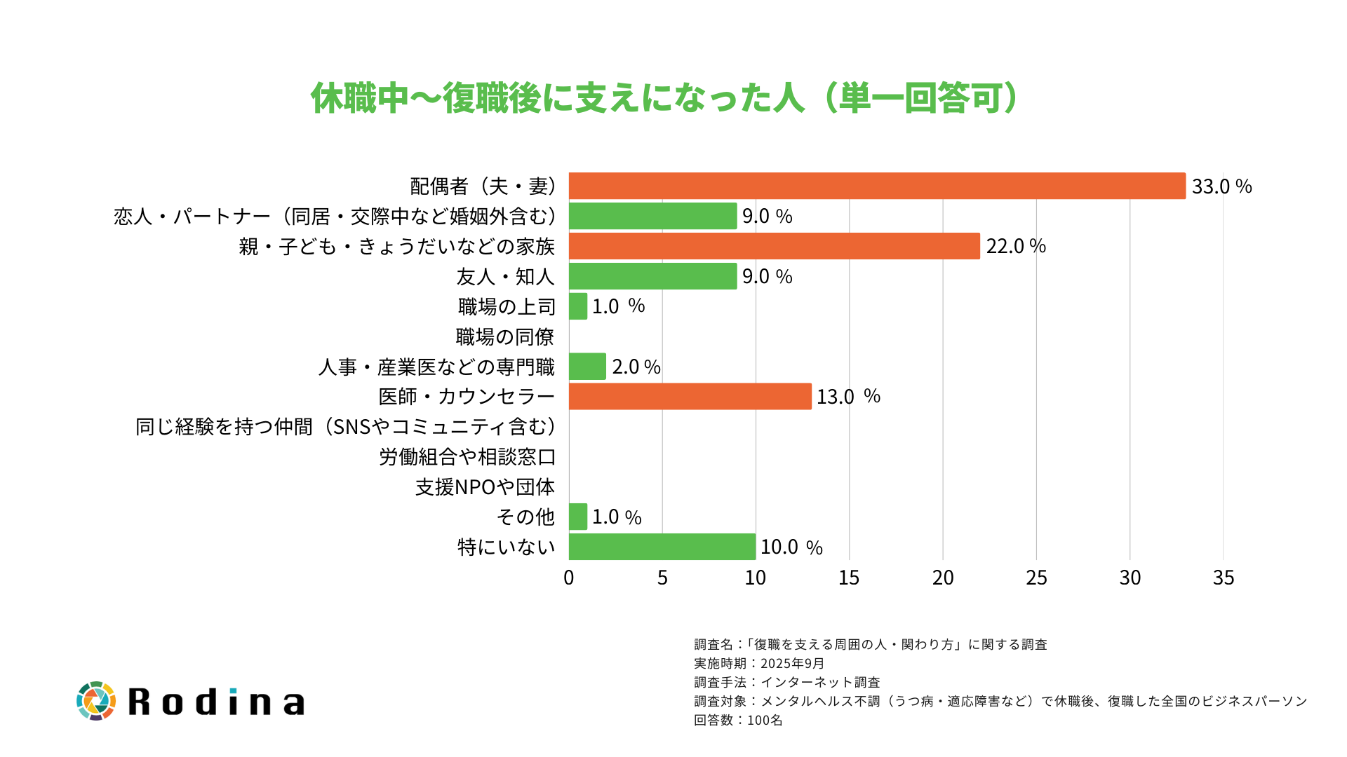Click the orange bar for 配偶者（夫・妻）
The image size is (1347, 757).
point(877,186)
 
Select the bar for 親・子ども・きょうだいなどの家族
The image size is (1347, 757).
point(774,246)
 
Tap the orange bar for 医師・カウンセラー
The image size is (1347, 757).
point(690,396)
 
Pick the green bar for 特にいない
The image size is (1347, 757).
point(662,547)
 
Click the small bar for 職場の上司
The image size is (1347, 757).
point(578,306)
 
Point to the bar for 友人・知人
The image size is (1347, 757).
point(652,276)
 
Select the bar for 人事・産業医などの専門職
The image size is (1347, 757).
point(587,367)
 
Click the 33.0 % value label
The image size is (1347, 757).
point(1221,186)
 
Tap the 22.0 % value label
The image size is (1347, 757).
point(1016,246)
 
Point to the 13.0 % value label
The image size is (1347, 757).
point(847,397)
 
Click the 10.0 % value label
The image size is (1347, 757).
point(791,547)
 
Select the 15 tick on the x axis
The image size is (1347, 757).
point(849,578)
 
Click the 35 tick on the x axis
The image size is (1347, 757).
point(1223,578)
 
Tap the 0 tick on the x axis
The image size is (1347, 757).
point(569,578)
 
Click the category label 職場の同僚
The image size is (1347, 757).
point(505,337)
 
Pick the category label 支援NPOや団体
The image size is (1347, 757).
point(485,487)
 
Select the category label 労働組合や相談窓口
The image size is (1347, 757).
point(467,457)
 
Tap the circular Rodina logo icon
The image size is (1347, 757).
point(96,701)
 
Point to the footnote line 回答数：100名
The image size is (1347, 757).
point(738,720)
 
